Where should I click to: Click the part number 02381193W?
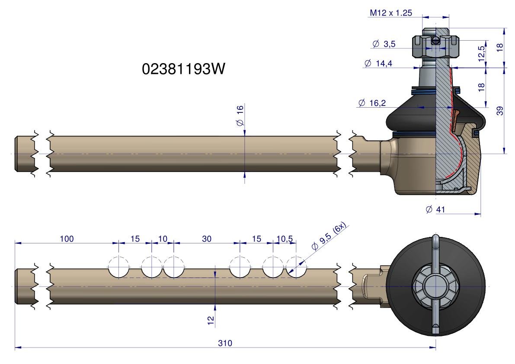click(184, 69)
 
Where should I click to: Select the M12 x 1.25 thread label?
click(390, 13)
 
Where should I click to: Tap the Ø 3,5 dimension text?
click(384, 44)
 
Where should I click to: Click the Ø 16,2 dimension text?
click(372, 103)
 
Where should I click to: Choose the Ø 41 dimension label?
click(435, 209)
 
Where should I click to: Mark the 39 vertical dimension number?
click(500, 111)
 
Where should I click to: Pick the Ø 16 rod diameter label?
click(240, 115)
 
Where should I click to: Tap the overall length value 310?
click(225, 343)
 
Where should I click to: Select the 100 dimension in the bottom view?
click(67, 239)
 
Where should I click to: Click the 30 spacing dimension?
click(207, 239)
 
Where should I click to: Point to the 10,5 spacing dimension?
click(285, 239)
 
